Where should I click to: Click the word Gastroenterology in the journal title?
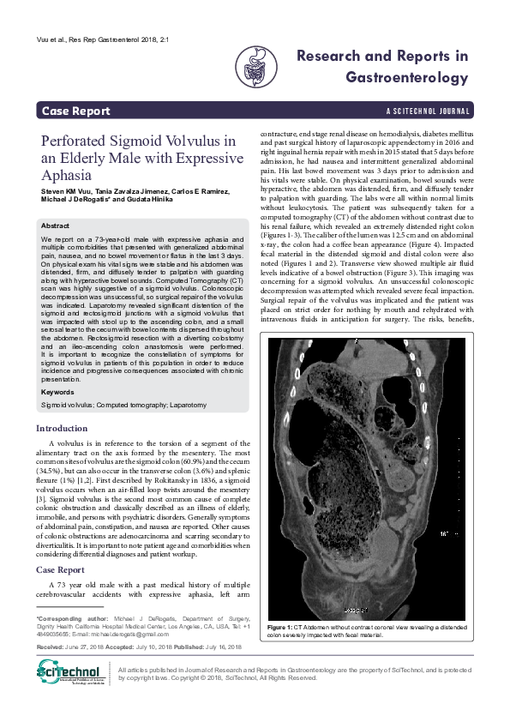pyautogui.click(x=406, y=77)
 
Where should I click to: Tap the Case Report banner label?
pyautogui.click(x=76, y=111)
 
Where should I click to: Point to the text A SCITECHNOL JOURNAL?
pyautogui.click(x=428, y=111)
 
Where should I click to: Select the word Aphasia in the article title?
pyautogui.click(x=70, y=175)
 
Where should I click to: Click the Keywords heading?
pyautogui.click(x=58, y=392)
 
